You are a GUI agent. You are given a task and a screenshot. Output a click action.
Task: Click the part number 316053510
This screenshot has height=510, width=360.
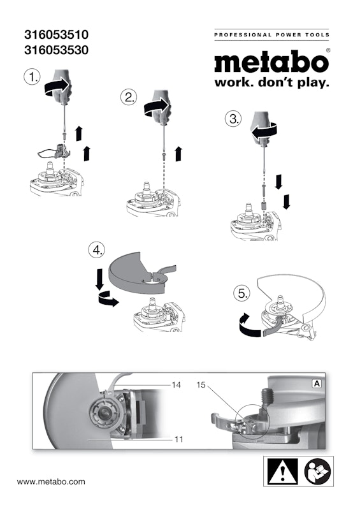(x=56, y=34)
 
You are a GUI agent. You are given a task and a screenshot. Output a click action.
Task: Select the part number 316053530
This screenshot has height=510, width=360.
(x=56, y=50)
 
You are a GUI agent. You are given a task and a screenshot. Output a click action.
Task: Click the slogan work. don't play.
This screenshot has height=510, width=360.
(x=271, y=82)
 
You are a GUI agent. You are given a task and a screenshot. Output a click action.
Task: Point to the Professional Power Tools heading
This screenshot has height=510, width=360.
(x=271, y=35)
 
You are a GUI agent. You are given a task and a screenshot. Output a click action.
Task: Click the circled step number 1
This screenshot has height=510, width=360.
(x=32, y=77)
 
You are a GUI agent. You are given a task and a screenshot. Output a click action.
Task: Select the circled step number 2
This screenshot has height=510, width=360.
(x=129, y=97)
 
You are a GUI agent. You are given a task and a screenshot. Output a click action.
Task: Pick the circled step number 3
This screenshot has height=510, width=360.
(x=233, y=119)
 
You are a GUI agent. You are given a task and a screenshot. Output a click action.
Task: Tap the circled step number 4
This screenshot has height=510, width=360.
(x=97, y=250)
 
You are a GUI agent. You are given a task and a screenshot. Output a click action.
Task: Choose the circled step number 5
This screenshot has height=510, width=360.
(x=242, y=293)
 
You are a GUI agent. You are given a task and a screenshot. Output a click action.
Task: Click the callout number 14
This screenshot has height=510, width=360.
(x=176, y=385)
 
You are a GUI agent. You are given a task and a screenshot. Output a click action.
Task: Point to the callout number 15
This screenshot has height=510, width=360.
(x=201, y=385)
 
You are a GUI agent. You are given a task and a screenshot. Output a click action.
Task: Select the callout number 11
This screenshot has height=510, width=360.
(x=178, y=439)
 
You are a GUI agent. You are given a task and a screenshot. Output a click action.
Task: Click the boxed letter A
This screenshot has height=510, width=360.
(x=317, y=384)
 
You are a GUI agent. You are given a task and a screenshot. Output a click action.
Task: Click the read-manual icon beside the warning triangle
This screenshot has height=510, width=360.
(x=317, y=472)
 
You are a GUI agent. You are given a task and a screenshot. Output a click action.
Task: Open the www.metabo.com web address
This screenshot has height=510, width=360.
(x=51, y=481)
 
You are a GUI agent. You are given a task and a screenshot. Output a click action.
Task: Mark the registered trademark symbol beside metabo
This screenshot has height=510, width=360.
(x=328, y=50)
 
